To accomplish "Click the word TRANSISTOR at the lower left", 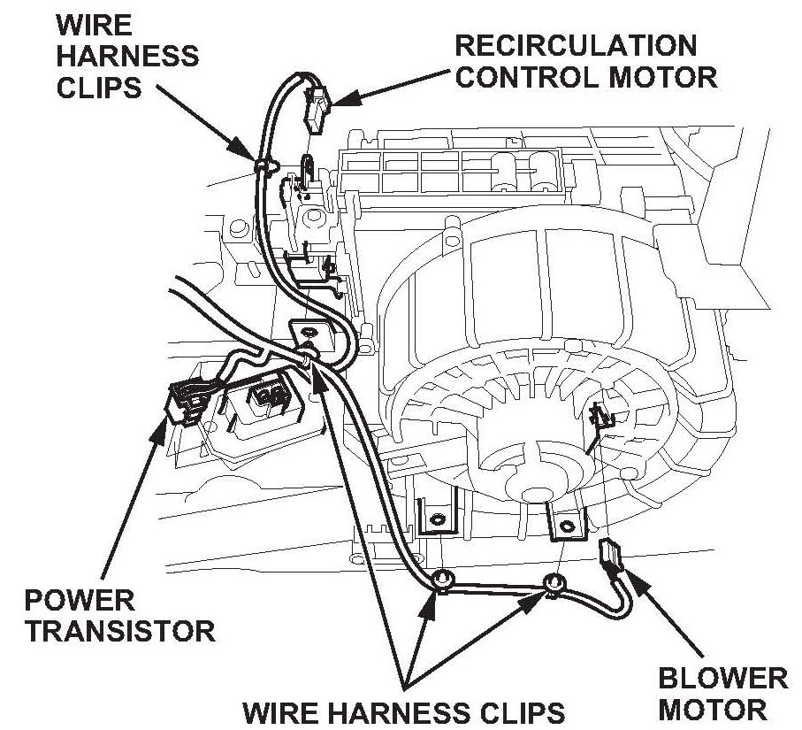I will (x=119, y=632).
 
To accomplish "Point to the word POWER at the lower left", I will (x=79, y=601).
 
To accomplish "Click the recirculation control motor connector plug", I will (x=317, y=106).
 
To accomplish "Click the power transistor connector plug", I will (x=185, y=403).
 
